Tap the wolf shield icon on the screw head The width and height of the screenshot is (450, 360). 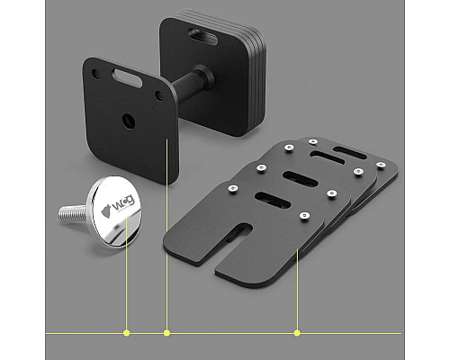(106, 211)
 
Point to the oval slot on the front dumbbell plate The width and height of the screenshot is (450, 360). (127, 78)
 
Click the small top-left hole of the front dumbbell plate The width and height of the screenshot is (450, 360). (95, 74)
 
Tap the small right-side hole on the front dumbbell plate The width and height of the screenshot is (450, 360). (158, 95)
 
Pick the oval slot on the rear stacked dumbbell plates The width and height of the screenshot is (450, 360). (202, 36)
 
